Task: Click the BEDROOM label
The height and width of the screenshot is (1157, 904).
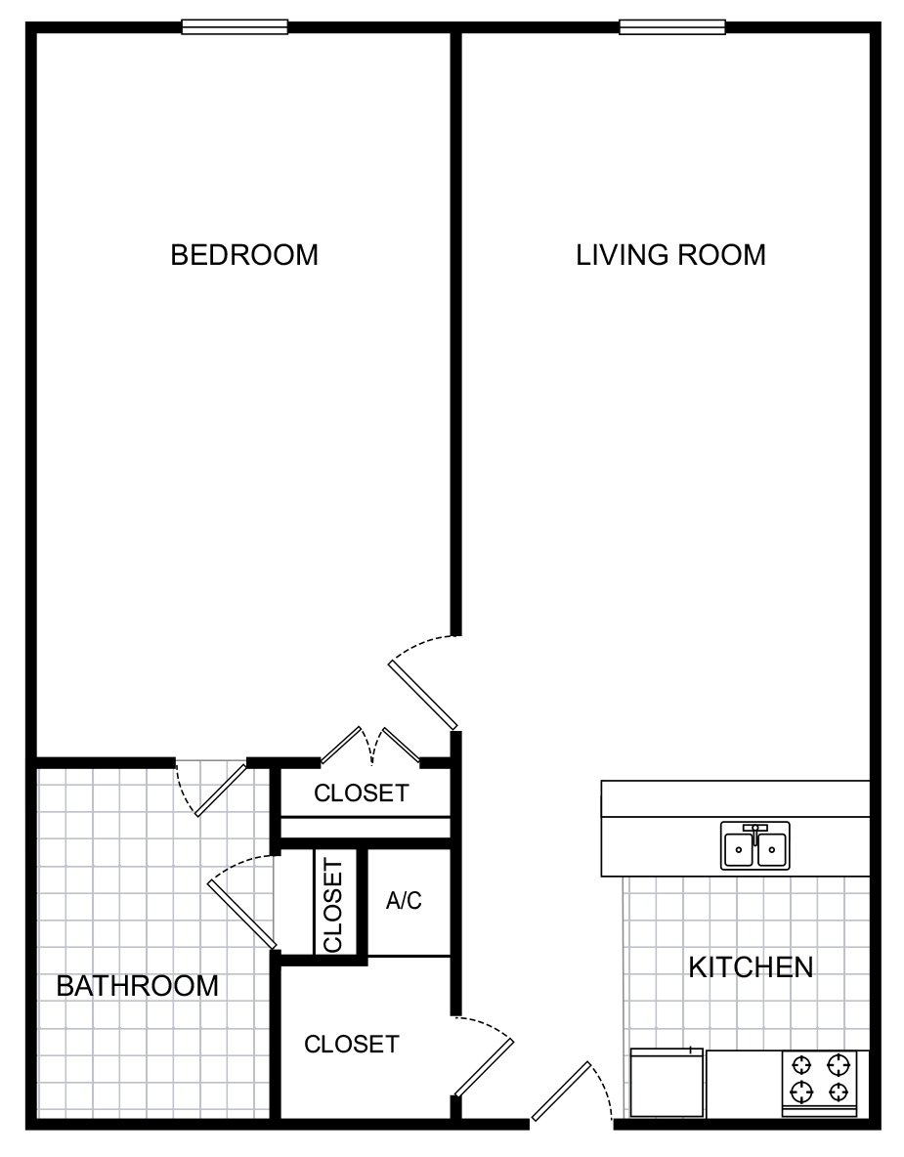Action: click(x=244, y=255)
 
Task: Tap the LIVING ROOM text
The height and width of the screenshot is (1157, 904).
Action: click(x=670, y=255)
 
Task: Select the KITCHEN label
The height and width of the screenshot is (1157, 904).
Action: click(x=752, y=967)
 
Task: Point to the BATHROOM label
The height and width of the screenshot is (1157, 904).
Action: click(x=137, y=986)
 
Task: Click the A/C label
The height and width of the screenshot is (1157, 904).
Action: click(x=404, y=900)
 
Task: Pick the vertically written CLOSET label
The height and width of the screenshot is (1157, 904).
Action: click(x=333, y=906)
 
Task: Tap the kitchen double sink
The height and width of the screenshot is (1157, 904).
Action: click(x=754, y=845)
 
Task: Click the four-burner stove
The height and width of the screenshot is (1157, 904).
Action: click(x=820, y=1083)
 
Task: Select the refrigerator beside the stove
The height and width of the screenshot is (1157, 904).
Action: click(x=667, y=1083)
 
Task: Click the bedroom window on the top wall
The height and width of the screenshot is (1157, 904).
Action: click(x=235, y=27)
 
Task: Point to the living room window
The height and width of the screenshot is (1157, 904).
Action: click(x=672, y=27)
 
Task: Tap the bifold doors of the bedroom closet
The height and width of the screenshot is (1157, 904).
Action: click(x=371, y=746)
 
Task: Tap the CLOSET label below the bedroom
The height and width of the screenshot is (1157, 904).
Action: click(x=362, y=793)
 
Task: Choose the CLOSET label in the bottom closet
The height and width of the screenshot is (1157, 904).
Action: click(x=351, y=1044)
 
